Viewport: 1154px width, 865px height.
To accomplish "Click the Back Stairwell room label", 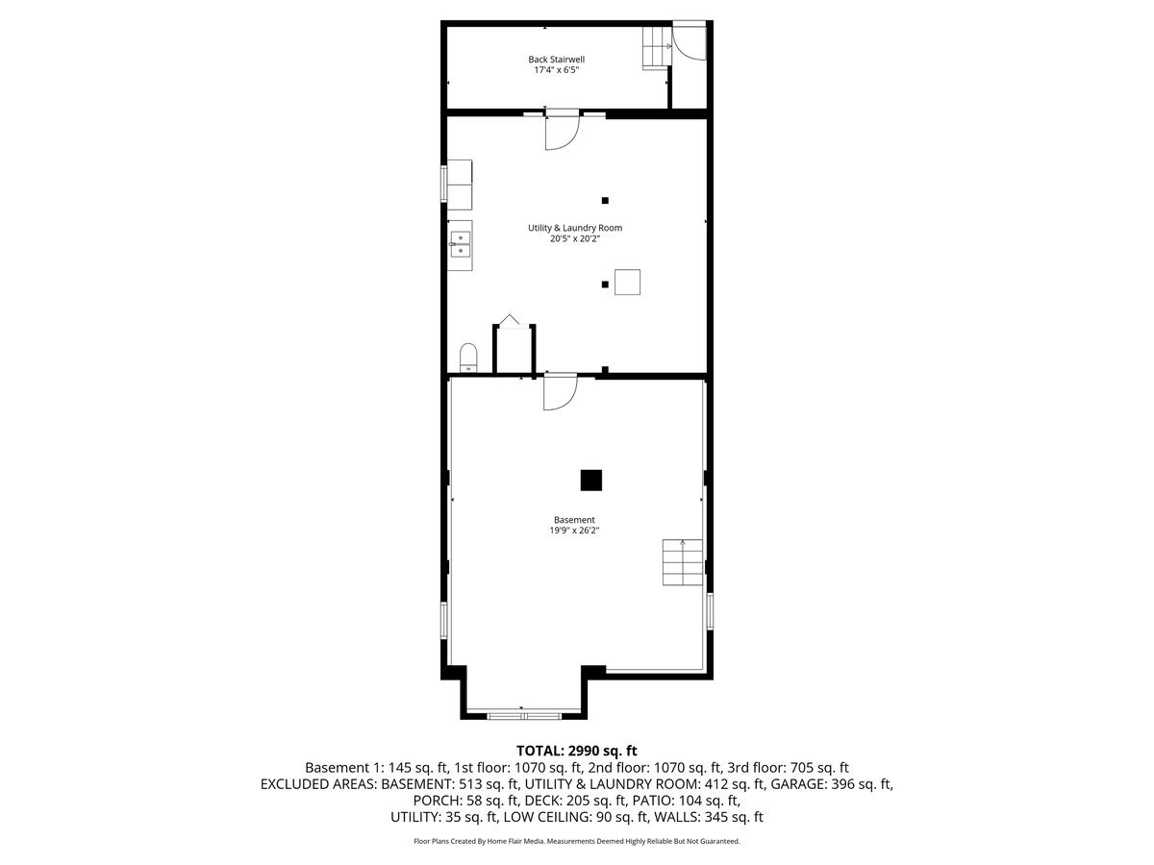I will (x=556, y=59).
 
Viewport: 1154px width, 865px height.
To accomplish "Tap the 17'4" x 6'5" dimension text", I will (x=556, y=70).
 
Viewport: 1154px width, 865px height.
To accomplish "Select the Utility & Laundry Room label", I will (x=575, y=228).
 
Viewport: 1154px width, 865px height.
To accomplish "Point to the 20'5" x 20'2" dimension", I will (x=575, y=239).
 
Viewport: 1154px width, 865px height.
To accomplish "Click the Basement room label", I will (x=574, y=520).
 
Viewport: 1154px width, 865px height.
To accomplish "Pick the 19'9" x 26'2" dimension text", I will (x=574, y=531).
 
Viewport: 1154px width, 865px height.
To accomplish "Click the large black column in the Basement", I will (x=590, y=480).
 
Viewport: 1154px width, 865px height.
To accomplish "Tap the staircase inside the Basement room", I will (x=682, y=563).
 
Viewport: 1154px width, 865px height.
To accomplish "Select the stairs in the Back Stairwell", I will (x=656, y=48).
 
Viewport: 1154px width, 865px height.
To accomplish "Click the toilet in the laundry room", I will (x=468, y=357).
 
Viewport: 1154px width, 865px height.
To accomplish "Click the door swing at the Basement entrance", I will (x=559, y=393).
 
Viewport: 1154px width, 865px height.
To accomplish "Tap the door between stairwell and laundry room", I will (x=562, y=132).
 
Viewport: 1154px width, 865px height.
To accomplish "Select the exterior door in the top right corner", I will (x=689, y=38).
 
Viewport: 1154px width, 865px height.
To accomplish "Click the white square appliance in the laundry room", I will (x=628, y=283).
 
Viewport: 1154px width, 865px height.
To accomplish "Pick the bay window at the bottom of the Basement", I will (x=523, y=715).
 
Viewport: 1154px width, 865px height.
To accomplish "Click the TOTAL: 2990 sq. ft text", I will (x=577, y=751).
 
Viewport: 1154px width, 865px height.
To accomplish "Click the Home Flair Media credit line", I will (x=577, y=841).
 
